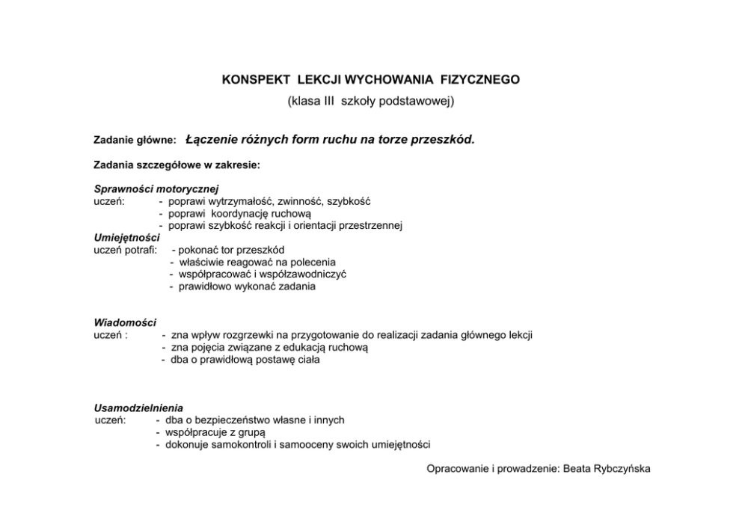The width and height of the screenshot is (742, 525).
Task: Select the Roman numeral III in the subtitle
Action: pyautogui.click(x=324, y=99)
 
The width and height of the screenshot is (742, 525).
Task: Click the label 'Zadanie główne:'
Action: pyautogui.click(x=135, y=140)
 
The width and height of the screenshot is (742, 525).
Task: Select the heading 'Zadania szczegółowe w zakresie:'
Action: pyautogui.click(x=177, y=164)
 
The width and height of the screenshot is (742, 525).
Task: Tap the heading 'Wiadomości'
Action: pyautogui.click(x=125, y=322)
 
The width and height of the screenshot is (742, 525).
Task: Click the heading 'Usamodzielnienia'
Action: pyautogui.click(x=138, y=408)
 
